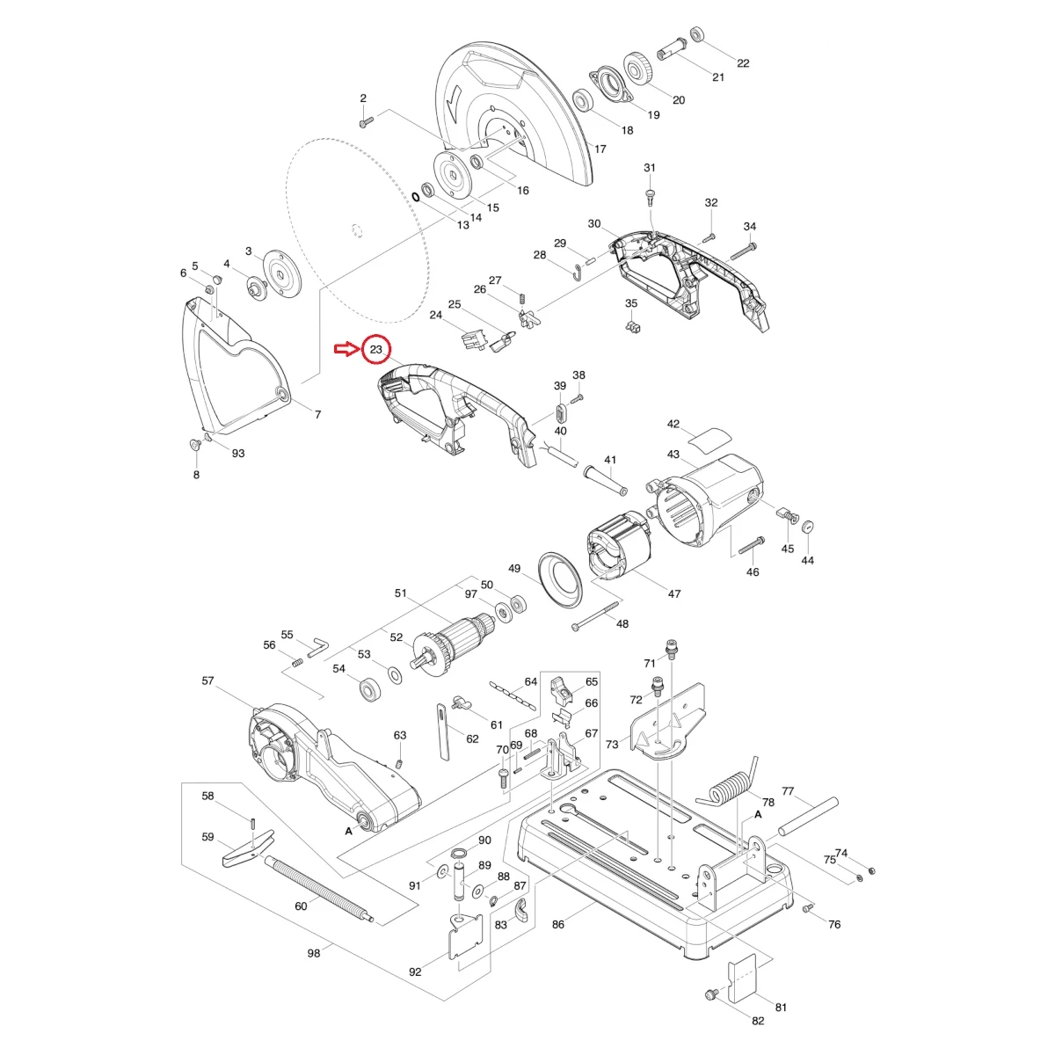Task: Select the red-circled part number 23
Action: click(x=376, y=349)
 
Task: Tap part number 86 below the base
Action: click(x=558, y=924)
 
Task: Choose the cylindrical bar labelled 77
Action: click(x=809, y=817)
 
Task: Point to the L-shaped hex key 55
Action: click(x=316, y=646)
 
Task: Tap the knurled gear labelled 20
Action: click(x=639, y=70)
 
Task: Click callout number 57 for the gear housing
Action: click(x=208, y=680)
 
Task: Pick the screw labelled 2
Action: click(x=367, y=121)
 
